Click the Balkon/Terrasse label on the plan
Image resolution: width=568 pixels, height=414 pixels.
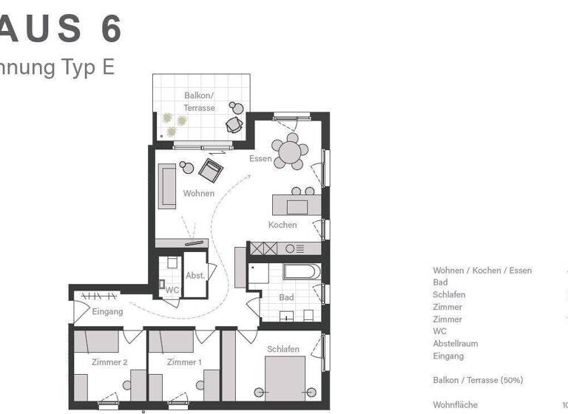point(199,102)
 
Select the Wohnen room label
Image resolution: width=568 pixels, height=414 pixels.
point(199,194)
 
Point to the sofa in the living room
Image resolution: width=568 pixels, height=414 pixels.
point(168,186)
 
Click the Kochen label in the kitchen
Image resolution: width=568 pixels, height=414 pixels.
point(283,225)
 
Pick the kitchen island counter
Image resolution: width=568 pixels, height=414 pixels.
point(297,205)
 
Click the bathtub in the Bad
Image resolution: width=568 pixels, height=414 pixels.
point(301,271)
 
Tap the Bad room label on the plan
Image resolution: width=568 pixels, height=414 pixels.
point(286,297)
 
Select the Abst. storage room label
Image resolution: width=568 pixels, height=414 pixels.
point(195,275)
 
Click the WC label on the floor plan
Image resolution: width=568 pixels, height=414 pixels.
point(172,290)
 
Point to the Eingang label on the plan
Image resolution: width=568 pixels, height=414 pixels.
point(107,312)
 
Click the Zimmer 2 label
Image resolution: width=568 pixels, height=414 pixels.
point(109,362)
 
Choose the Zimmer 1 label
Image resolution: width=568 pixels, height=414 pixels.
point(184,362)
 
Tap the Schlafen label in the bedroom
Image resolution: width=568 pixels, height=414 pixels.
point(283,349)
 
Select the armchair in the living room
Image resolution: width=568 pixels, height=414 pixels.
point(211,171)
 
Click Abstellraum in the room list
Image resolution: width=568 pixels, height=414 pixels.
point(455,344)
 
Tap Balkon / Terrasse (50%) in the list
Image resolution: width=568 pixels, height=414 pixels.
point(478,380)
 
